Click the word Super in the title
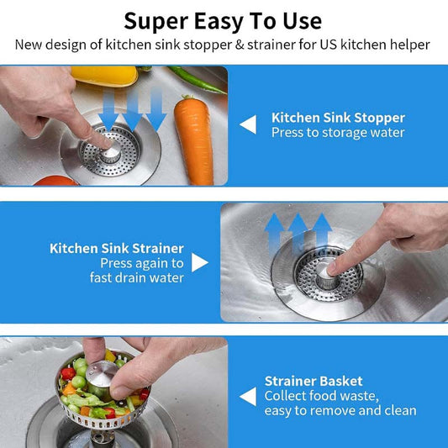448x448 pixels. (x=156, y=22)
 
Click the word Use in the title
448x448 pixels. (x=303, y=21)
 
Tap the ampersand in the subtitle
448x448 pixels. (x=240, y=45)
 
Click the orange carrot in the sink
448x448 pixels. (x=194, y=140)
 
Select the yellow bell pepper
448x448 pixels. (x=104, y=76)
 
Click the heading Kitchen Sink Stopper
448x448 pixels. (x=338, y=118)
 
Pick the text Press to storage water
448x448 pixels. (x=338, y=133)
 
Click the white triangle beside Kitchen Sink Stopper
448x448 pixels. (x=248, y=124)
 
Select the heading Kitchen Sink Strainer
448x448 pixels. (x=117, y=248)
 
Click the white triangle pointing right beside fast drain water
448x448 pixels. (x=200, y=262)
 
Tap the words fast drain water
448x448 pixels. (x=137, y=277)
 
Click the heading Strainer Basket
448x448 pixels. (x=314, y=381)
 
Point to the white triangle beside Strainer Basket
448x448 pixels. (x=248, y=396)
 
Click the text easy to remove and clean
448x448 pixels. (x=340, y=411)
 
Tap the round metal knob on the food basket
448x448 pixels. (x=102, y=373)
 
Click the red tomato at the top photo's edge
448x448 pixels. (x=55, y=182)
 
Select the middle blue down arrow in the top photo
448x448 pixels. (x=133, y=110)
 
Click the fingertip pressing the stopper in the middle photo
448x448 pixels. (x=331, y=269)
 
